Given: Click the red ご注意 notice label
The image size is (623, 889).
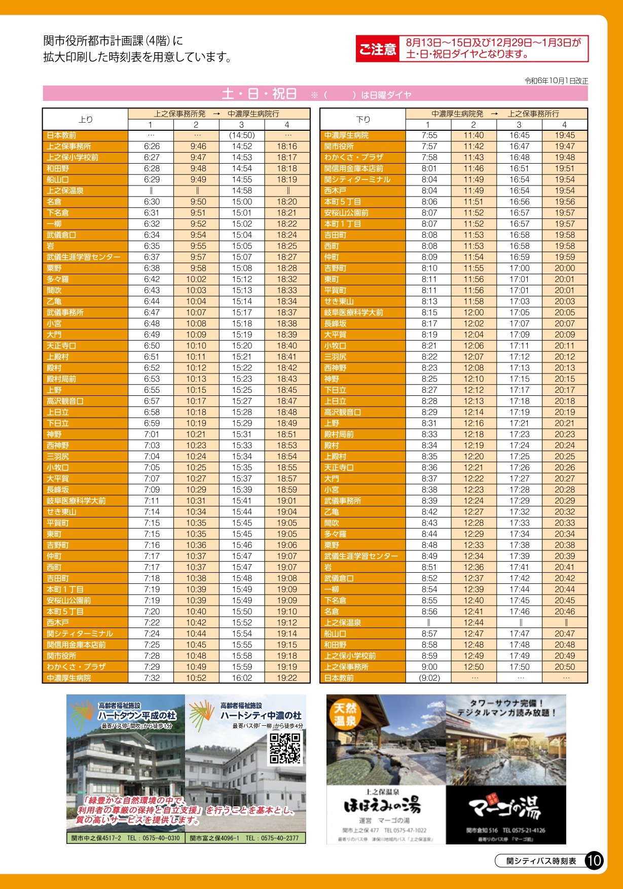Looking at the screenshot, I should (x=377, y=49).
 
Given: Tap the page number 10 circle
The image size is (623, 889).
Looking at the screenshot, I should (x=594, y=860).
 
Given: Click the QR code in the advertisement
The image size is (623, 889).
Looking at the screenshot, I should (x=285, y=748).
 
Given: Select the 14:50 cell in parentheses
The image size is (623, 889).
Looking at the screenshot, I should (x=242, y=135).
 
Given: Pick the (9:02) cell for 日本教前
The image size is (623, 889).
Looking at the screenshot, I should (x=429, y=678).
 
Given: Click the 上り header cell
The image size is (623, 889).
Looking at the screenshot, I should (x=85, y=119).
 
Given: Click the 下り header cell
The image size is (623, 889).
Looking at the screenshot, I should (x=363, y=119).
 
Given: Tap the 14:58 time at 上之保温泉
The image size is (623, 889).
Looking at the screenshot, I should (x=242, y=191).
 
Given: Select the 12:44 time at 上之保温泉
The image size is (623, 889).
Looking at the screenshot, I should (x=473, y=622).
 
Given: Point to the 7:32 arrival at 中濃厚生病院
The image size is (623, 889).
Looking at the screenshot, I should (x=152, y=678).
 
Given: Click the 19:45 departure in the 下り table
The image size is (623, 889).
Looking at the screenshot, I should (x=564, y=135).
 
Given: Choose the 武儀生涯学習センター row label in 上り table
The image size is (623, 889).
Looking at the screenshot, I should (x=84, y=257).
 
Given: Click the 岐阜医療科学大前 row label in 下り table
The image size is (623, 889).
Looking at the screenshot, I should (x=354, y=312).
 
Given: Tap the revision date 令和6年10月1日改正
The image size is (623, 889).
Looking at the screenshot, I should (x=556, y=81).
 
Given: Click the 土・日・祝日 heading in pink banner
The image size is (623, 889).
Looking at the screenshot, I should (x=259, y=94).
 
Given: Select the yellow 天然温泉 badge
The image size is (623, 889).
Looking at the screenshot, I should (x=344, y=714).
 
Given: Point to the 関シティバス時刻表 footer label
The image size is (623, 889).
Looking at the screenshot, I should (x=541, y=861).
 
